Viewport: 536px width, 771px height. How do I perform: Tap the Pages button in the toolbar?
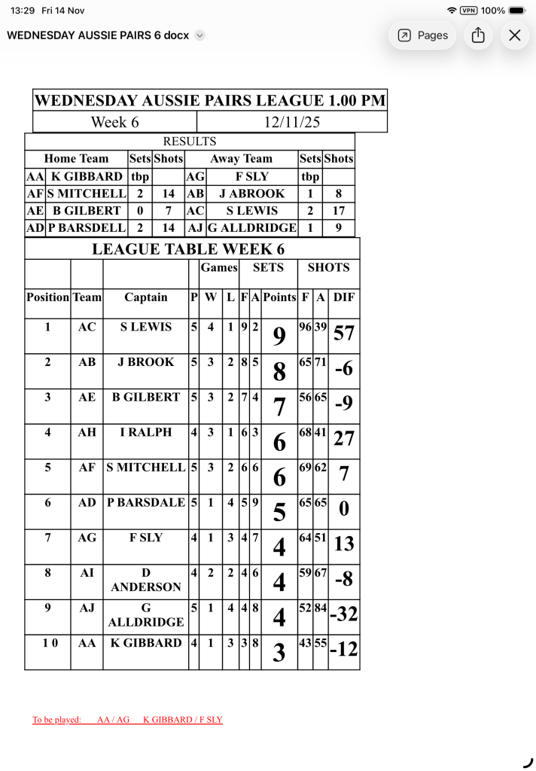(x=422, y=35)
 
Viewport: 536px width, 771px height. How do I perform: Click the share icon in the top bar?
(x=478, y=35)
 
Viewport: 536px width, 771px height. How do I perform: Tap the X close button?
(x=515, y=35)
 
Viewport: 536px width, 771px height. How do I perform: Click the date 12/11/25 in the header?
(x=292, y=122)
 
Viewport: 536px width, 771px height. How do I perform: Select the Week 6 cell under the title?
(x=114, y=122)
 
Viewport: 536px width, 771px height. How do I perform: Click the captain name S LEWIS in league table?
(x=146, y=327)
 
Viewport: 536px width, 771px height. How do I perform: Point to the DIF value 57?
(x=344, y=333)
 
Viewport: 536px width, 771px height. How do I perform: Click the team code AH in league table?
(x=87, y=432)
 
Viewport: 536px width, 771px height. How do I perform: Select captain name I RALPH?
(x=146, y=432)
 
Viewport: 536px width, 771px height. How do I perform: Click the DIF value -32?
(x=344, y=614)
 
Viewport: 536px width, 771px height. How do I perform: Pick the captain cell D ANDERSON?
(x=146, y=580)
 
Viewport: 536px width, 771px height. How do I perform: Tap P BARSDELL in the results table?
(x=87, y=227)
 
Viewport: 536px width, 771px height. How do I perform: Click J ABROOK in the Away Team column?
(x=251, y=194)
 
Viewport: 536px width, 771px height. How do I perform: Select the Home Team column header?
(x=76, y=159)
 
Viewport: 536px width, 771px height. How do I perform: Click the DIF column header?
(x=344, y=297)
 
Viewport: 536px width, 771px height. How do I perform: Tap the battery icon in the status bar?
(x=519, y=11)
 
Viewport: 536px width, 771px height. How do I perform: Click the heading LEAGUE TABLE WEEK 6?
(x=188, y=250)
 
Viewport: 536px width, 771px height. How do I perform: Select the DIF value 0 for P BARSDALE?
(x=344, y=510)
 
